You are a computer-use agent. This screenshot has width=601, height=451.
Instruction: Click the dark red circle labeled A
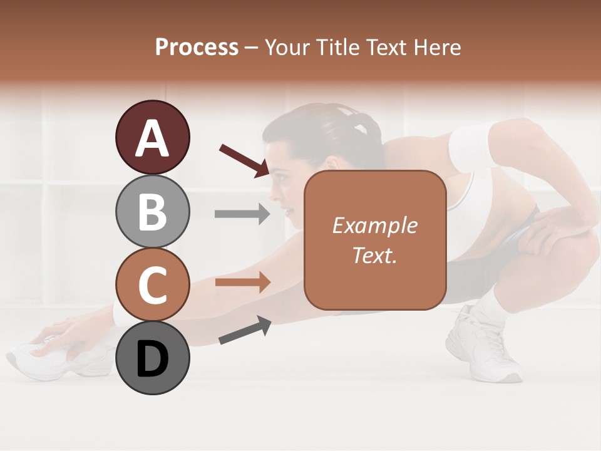click(x=152, y=138)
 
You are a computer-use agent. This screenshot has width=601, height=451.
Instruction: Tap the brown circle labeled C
click(x=152, y=284)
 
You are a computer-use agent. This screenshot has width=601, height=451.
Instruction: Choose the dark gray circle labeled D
click(x=152, y=358)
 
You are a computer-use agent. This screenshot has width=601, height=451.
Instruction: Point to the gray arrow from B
click(x=242, y=214)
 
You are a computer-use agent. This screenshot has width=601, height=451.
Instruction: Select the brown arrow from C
click(x=242, y=283)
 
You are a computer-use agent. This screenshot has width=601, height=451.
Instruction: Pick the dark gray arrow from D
click(x=245, y=331)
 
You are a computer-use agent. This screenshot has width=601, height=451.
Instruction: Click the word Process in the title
click(x=197, y=47)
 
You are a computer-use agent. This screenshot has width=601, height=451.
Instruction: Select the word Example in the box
click(x=374, y=225)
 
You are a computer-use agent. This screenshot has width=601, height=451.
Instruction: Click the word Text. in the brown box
click(x=374, y=255)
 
